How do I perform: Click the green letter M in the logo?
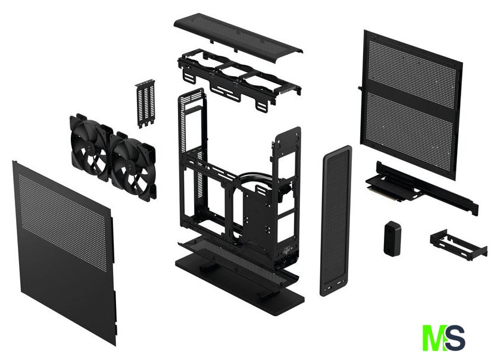(x=434, y=338)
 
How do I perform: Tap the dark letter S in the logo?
(x=455, y=337)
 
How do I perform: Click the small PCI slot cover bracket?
(x=145, y=103)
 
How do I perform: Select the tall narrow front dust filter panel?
(x=336, y=220)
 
